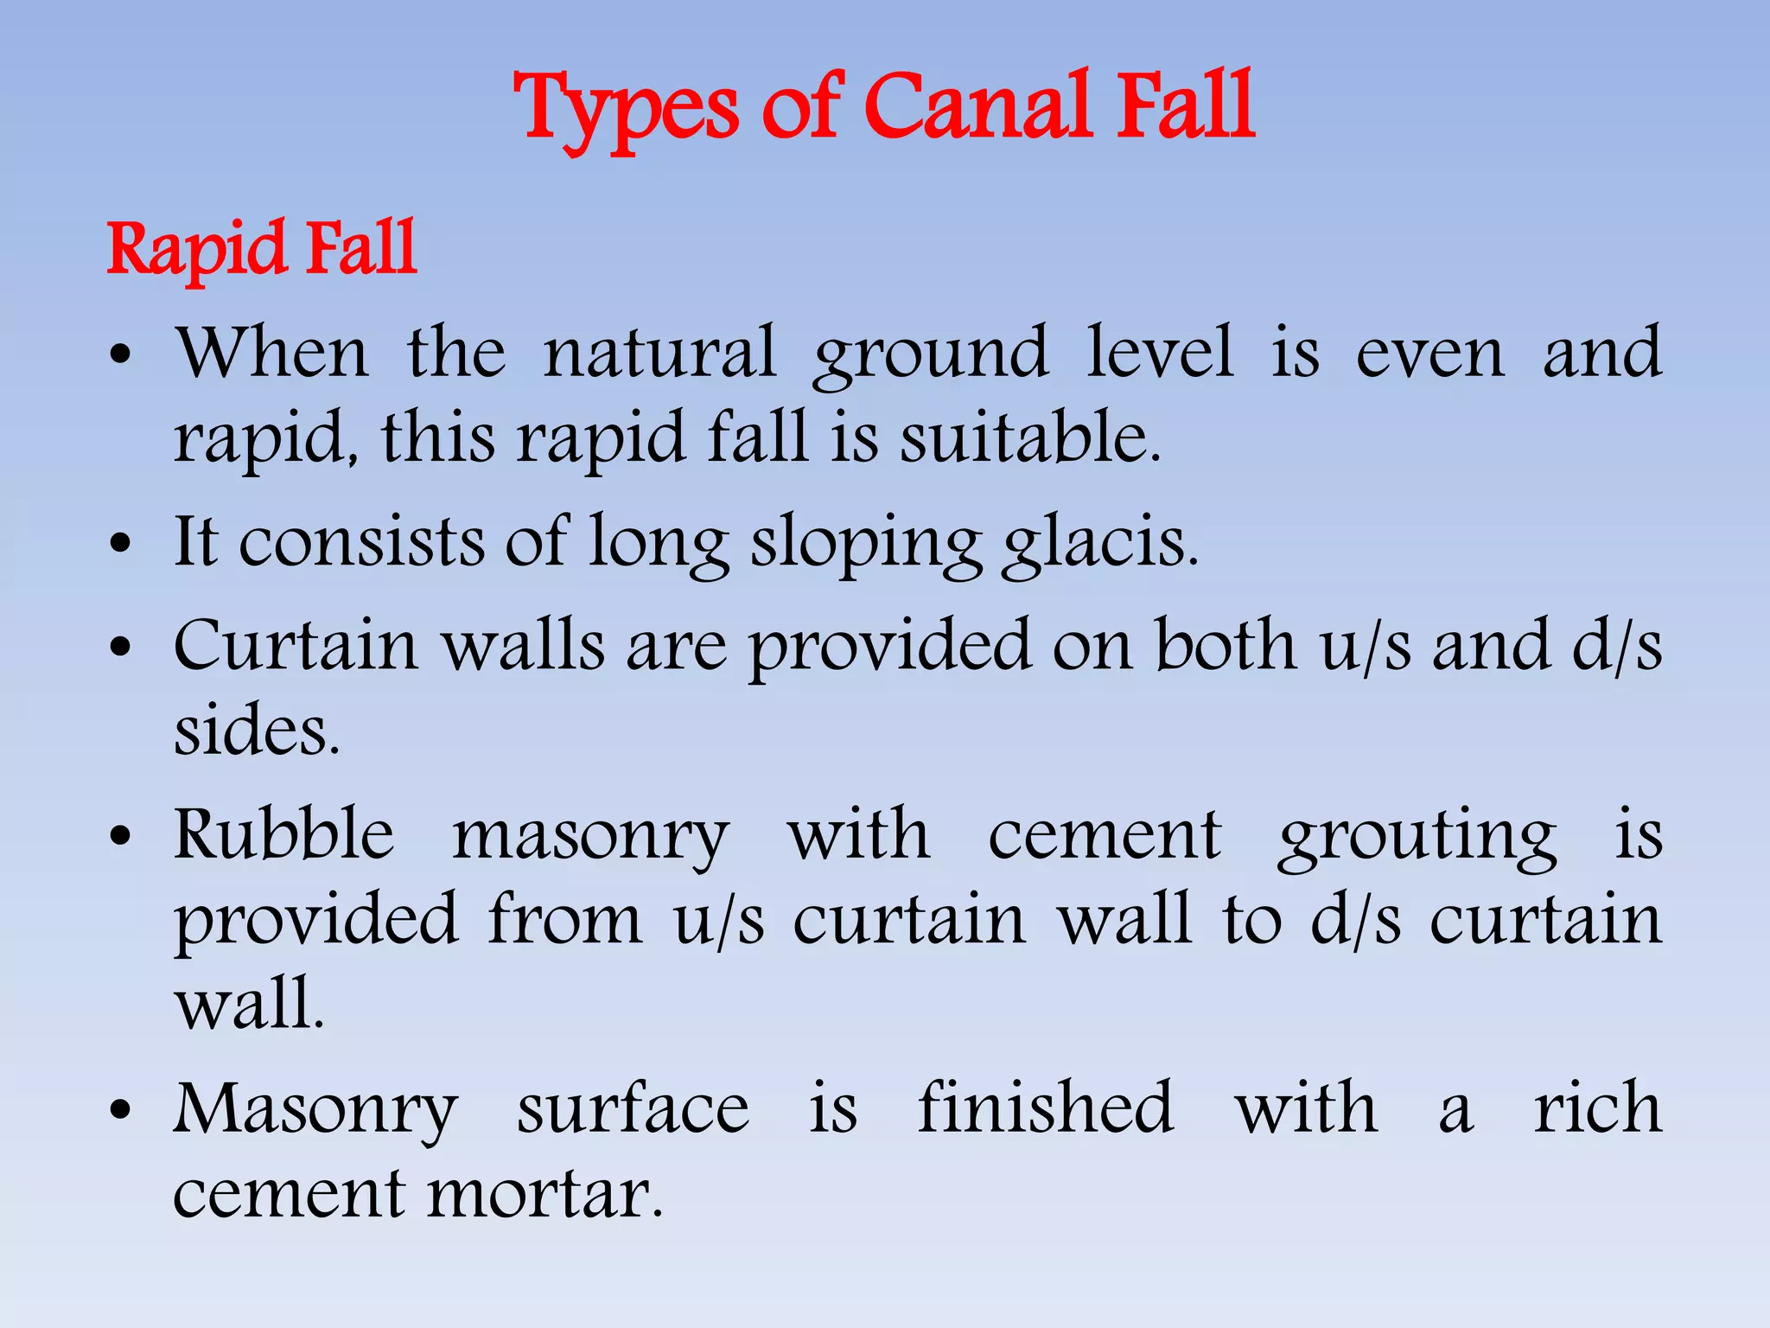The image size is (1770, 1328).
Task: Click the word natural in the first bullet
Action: click(x=659, y=353)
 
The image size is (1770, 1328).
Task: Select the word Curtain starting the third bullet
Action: click(x=296, y=646)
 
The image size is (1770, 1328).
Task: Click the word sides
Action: click(x=257, y=731)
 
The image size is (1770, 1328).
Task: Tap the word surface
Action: click(x=633, y=1109)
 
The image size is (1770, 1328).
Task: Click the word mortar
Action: click(x=544, y=1195)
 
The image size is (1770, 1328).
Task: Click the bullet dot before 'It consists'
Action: click(x=121, y=545)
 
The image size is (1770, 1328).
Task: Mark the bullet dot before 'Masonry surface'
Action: click(x=121, y=1111)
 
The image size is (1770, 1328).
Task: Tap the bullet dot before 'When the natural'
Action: click(x=121, y=355)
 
